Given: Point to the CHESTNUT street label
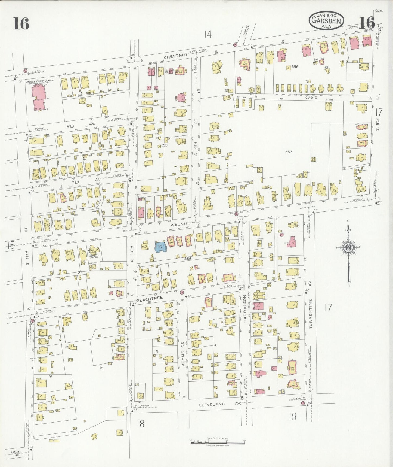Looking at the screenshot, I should (x=175, y=56).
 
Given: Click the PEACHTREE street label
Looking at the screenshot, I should (x=149, y=298).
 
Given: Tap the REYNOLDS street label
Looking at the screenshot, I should (x=183, y=354).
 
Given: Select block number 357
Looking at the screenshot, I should (x=288, y=152).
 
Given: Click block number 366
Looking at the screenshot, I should (x=188, y=259).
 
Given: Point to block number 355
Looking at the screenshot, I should (x=164, y=145).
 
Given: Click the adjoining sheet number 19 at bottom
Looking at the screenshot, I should (x=292, y=417).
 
